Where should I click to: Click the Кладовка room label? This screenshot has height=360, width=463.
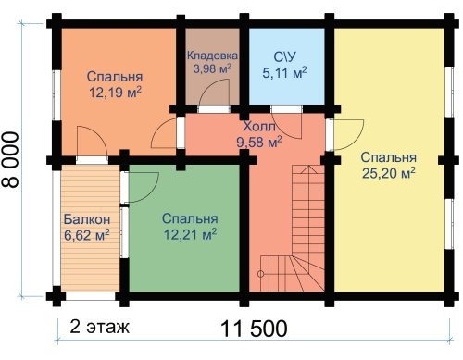[x=212, y=56]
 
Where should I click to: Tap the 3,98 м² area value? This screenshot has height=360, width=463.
[x=212, y=68]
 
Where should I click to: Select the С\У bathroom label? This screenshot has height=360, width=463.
[x=284, y=57]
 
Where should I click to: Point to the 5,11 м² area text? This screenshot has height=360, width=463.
[x=284, y=73]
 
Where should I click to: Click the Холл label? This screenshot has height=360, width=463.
[x=259, y=127]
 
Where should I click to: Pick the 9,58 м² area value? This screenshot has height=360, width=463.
[x=259, y=142]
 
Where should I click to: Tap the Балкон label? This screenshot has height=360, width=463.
[x=87, y=219]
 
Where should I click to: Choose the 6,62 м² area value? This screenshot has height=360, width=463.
[x=87, y=235]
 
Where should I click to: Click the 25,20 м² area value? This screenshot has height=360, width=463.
[x=388, y=173]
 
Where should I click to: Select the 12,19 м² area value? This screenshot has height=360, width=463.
[x=115, y=92]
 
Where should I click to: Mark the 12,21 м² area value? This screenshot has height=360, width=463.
[x=190, y=234]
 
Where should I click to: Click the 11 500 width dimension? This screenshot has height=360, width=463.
[x=254, y=329]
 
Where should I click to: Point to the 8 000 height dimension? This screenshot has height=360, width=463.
[x=10, y=159]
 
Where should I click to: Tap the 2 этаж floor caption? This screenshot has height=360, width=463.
[x=99, y=327]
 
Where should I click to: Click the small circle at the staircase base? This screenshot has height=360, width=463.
[x=260, y=274]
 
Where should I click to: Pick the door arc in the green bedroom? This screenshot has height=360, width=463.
[x=153, y=192]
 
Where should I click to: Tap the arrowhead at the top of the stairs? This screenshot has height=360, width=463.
[x=308, y=169]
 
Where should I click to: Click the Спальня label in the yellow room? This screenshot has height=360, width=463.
[x=388, y=157]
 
